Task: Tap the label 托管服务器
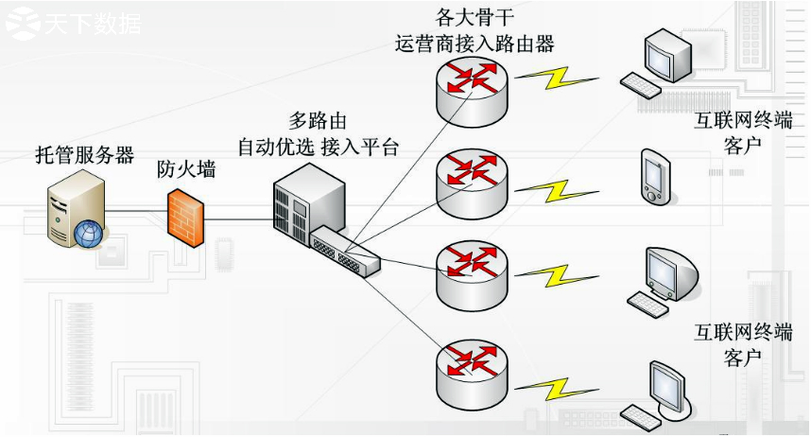click(84, 156)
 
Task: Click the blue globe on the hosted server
click(88, 234)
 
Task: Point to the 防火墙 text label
click(186, 169)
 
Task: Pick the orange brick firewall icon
click(186, 218)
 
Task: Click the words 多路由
click(318, 121)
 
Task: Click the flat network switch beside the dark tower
click(346, 251)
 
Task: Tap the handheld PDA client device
click(655, 175)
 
